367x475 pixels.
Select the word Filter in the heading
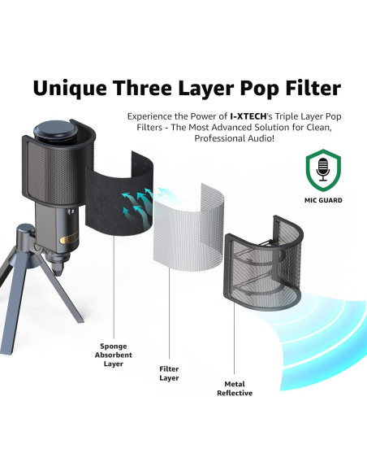pyautogui.click(x=312, y=87)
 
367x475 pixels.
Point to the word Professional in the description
pyautogui.click(x=227, y=138)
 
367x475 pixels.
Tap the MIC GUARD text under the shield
pyautogui.click(x=323, y=198)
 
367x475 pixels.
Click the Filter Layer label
pyautogui.click(x=168, y=373)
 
